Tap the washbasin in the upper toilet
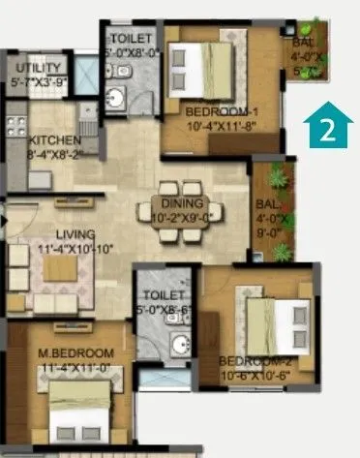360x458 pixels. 116,97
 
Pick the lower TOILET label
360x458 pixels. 160,294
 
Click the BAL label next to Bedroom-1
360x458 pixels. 302,43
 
